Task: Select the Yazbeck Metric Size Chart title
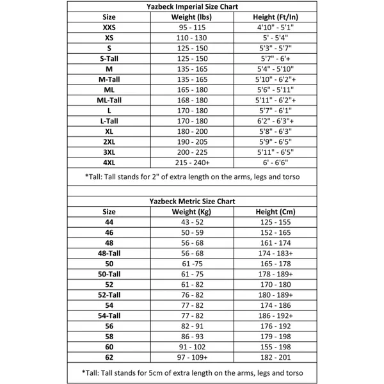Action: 191,201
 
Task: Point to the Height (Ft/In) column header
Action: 276,17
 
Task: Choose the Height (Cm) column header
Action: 276,211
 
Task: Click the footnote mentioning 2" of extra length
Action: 192,176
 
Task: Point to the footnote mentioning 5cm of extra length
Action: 192,372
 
